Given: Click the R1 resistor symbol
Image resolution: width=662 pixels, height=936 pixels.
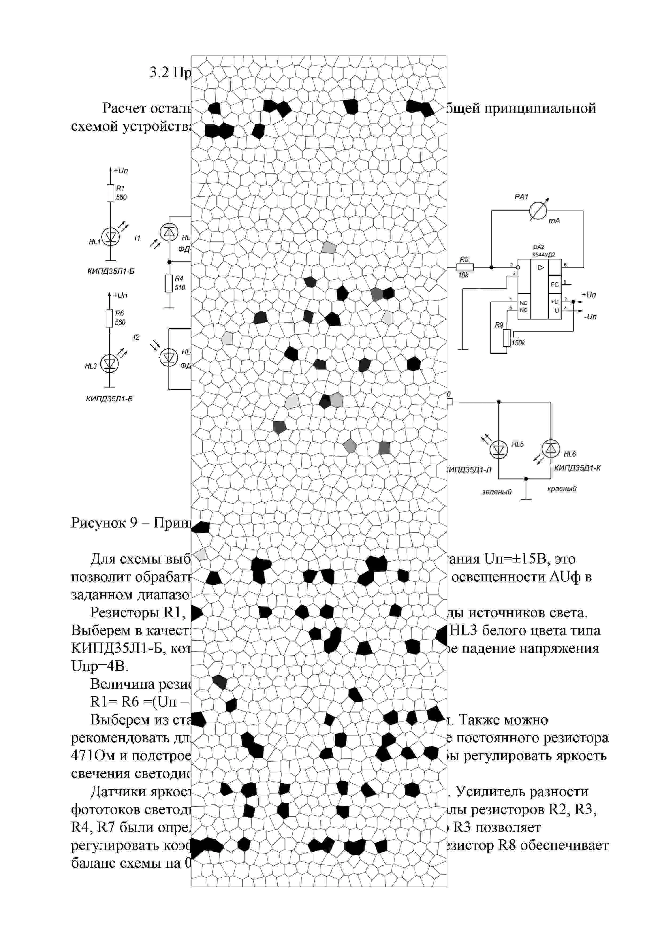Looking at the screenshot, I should pos(110,193).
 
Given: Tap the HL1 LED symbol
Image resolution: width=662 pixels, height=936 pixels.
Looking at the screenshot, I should pos(110,237).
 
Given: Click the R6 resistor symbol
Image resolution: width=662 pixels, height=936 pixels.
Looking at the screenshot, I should pos(109,318).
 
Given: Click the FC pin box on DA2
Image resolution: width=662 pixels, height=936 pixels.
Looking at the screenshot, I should pos(555,284).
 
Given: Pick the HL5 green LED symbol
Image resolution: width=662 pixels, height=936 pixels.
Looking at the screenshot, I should pos(498,450).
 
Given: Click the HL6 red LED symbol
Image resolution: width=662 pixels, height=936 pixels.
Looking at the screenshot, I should pos(551,449).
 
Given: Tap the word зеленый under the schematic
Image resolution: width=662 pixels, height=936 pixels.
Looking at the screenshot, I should pos(496,492).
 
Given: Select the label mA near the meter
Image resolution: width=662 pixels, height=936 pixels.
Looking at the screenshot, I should pos(554,221).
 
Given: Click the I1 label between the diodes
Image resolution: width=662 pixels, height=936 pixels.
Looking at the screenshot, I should pos(137,238).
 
